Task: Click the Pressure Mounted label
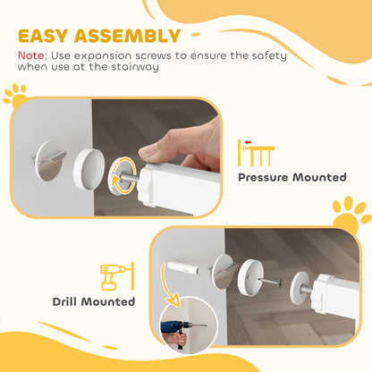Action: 292,177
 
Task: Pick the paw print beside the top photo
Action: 14,96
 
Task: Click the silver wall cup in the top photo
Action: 51,161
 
